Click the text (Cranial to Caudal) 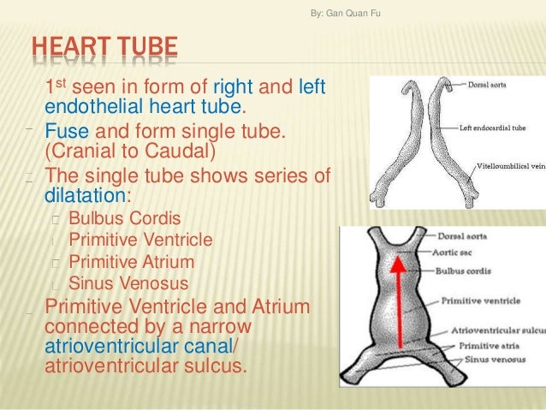pyautogui.click(x=128, y=152)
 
